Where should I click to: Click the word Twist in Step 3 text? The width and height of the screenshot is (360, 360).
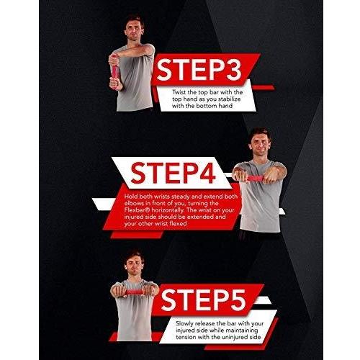(180, 92)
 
